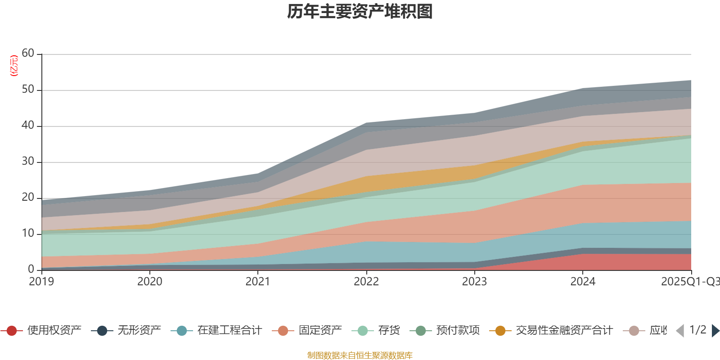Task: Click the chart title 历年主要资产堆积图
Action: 360,12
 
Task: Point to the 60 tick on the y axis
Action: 28,54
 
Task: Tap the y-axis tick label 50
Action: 28,90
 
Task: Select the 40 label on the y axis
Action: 28,126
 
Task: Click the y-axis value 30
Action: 28,162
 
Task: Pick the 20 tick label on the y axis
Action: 28,198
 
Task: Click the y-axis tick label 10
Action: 28,234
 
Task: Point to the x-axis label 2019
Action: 41,282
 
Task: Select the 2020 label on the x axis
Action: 149,282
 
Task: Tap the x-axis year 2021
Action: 258,282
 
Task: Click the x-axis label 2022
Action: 366,282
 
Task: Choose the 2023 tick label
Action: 474,282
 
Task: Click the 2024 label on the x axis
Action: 583,282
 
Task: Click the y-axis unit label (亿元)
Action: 14,66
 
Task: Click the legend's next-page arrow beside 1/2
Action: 715,331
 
